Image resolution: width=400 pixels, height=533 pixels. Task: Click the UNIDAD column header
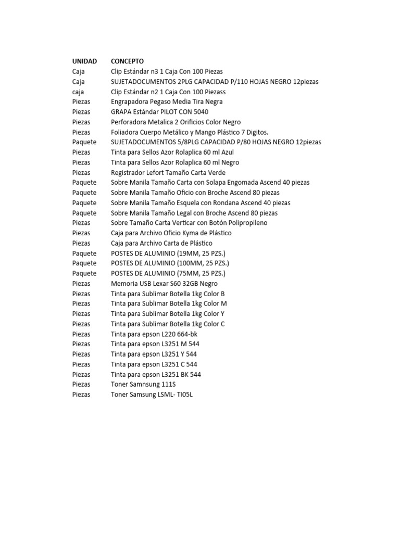pyautogui.click(x=84, y=61)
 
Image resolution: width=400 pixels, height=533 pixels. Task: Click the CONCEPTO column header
pyautogui.click(x=127, y=61)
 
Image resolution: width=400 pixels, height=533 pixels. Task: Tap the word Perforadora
pyautogui.click(x=129, y=122)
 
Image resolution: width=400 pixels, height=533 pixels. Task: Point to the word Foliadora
pyautogui.click(x=125, y=132)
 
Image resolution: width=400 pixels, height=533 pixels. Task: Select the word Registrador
pyautogui.click(x=129, y=172)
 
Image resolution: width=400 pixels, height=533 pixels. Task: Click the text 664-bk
pyautogui.click(x=187, y=334)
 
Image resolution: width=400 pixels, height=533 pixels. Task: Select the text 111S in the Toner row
pyautogui.click(x=166, y=384)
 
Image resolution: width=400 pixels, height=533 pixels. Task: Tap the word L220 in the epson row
pyautogui.click(x=167, y=334)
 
